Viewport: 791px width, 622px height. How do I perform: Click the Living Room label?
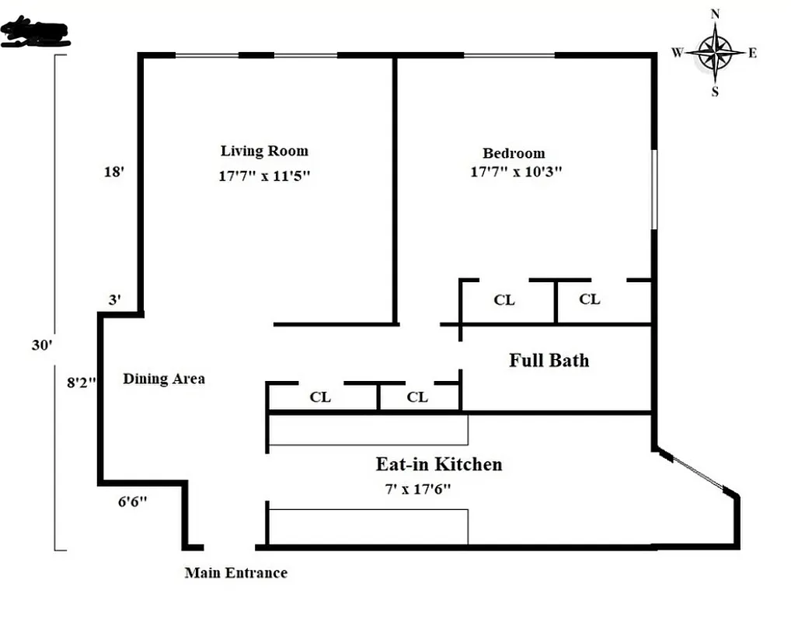(x=264, y=151)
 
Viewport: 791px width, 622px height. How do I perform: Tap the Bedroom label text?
(x=514, y=153)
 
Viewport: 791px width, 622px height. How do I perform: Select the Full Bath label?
(x=549, y=360)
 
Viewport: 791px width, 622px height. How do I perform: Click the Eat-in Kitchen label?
(x=439, y=464)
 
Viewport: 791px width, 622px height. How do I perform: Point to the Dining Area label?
(x=164, y=379)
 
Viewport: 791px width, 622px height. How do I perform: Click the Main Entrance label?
(x=235, y=573)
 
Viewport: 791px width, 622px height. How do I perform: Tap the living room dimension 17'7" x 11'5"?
(x=264, y=176)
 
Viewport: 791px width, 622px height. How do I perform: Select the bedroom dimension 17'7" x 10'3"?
(x=516, y=172)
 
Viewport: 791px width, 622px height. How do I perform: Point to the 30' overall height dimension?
(x=40, y=344)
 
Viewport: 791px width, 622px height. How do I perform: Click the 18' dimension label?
(x=113, y=172)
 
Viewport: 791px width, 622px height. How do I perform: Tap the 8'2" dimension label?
(x=81, y=382)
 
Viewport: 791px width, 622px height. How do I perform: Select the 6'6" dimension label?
(x=132, y=502)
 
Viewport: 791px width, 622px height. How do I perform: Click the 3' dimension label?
(x=114, y=300)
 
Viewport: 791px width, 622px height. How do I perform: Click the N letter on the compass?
(x=716, y=14)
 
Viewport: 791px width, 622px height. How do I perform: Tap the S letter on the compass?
(x=715, y=92)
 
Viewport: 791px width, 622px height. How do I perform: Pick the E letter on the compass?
(x=752, y=53)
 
